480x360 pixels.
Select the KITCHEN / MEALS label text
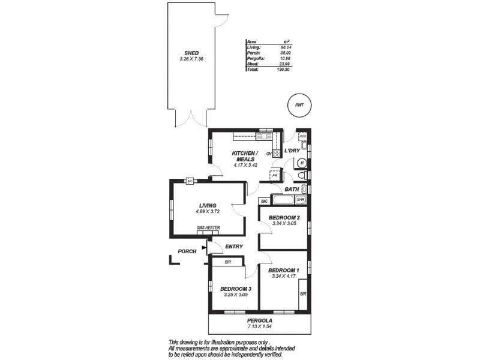(245, 156)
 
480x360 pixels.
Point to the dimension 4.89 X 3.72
(207, 211)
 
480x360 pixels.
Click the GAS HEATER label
(208, 228)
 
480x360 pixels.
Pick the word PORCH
(187, 251)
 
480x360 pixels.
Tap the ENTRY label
(233, 247)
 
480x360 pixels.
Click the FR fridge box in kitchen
(275, 176)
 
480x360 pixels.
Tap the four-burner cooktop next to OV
(277, 153)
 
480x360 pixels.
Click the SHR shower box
(301, 199)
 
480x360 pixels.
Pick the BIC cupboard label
(264, 200)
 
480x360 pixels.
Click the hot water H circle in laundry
(302, 163)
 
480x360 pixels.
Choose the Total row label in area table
(253, 70)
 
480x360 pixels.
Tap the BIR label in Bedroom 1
(303, 294)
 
